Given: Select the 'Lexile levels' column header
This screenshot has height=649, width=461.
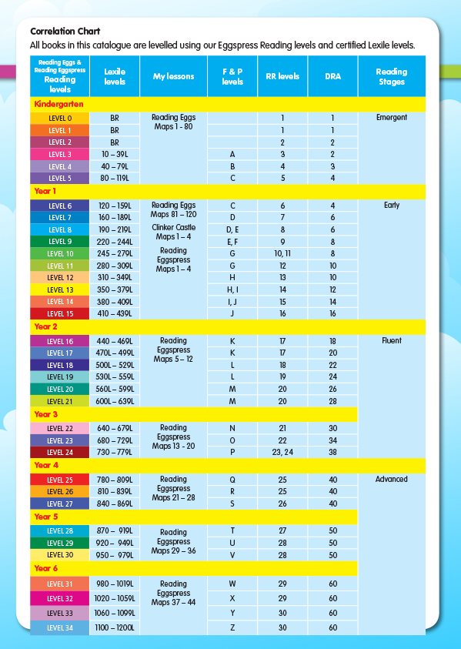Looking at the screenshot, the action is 115,76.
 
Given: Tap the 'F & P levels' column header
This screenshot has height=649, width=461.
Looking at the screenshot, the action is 232,76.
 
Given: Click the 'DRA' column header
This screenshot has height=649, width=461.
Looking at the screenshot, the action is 332,76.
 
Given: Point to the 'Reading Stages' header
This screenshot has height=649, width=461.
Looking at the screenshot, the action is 391,76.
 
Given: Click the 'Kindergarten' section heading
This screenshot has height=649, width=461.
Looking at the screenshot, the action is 58,103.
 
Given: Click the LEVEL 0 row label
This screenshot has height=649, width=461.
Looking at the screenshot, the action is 60,119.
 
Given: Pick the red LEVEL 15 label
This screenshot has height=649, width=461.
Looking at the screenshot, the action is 60,314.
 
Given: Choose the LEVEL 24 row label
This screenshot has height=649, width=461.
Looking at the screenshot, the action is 60,453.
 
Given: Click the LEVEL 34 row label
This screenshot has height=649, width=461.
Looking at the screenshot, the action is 60,628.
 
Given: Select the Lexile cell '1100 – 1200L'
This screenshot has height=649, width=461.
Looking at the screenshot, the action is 115,628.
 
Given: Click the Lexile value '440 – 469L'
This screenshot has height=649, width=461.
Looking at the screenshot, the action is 115,341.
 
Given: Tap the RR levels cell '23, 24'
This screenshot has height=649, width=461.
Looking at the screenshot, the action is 282,453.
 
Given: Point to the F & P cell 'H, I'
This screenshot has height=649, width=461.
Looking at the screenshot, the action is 232,290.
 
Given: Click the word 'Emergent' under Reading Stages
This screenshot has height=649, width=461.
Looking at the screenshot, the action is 392,118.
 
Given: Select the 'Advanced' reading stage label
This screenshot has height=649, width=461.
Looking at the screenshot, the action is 392,479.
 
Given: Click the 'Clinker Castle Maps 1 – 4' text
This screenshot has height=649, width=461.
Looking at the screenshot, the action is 174,233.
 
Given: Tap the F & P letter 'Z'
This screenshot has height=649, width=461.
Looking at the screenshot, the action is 232,628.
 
